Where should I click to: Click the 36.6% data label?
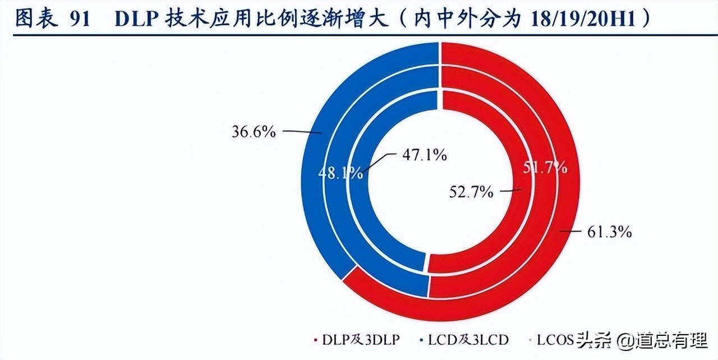[254, 132]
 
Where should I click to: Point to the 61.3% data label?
[610, 232]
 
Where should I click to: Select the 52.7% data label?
[471, 192]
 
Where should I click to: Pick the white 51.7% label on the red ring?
[544, 167]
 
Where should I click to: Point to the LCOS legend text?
[555, 340]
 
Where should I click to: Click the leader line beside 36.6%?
[302, 131]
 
